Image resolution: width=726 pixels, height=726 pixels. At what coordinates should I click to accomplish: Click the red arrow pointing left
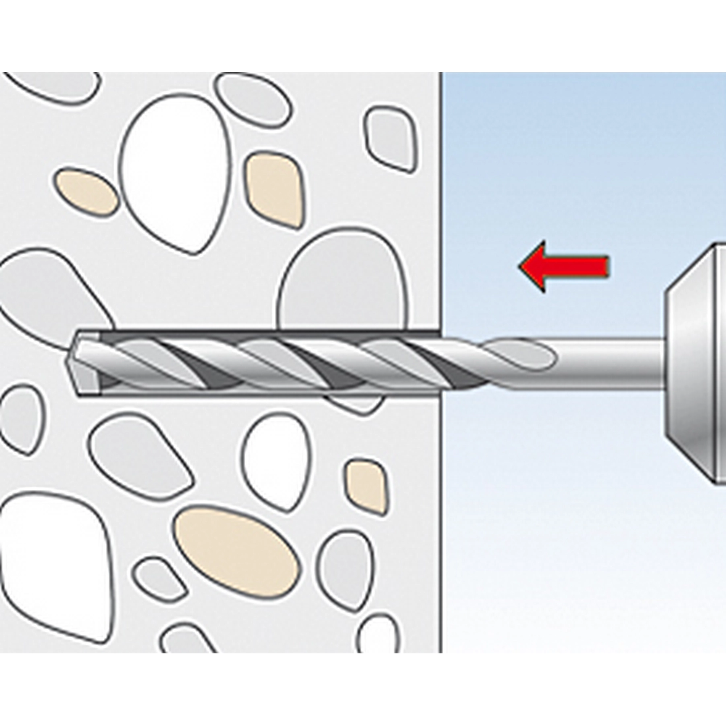point(564,266)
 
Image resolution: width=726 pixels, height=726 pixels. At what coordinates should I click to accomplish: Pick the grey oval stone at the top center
point(254,99)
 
